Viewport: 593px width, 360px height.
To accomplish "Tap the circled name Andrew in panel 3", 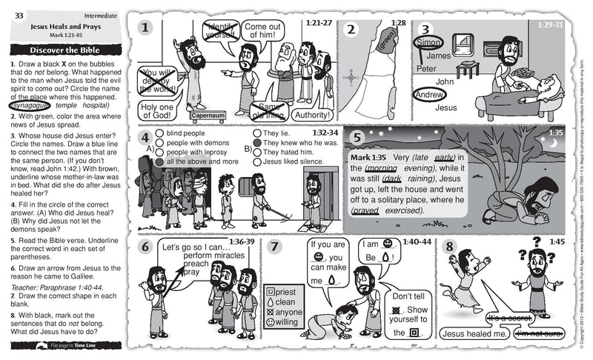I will (x=429, y=95).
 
